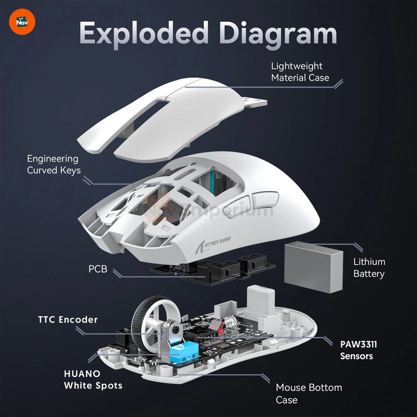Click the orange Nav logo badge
[x=22, y=22]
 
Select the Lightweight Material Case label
[x=300, y=72]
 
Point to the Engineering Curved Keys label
[x=53, y=164]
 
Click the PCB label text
[x=97, y=270]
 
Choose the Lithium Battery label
[x=369, y=267]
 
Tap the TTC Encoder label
[x=67, y=320]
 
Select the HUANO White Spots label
[x=93, y=379]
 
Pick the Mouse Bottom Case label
[x=309, y=394]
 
